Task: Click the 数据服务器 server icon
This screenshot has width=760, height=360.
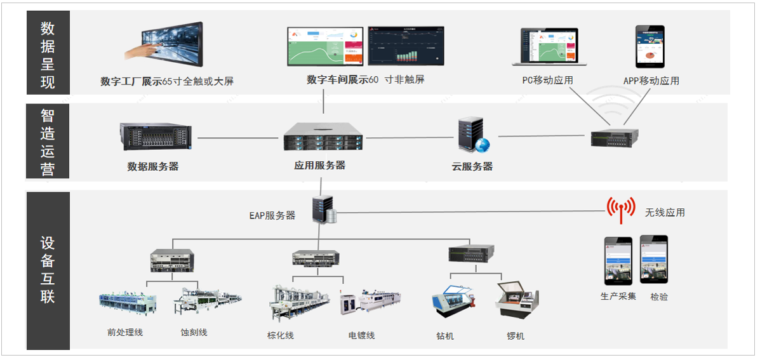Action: [x=156, y=136]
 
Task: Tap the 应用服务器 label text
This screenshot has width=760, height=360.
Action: [x=319, y=165]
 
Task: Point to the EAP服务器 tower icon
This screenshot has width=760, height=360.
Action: [x=324, y=210]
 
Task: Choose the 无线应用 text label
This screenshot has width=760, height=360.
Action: [x=665, y=213]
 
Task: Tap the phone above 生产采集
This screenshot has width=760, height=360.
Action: [x=618, y=260]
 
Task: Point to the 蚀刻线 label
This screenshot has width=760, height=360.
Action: [x=194, y=333]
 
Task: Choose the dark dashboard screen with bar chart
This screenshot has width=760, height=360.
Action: [x=406, y=46]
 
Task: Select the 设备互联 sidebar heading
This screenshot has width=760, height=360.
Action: [x=48, y=270]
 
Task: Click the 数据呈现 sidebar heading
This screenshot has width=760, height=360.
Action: [x=48, y=55]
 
